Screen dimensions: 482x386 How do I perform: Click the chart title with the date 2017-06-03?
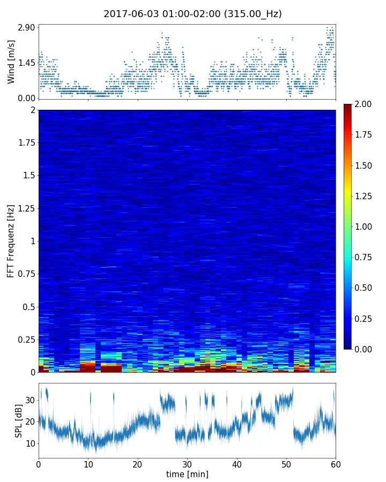click(x=192, y=14)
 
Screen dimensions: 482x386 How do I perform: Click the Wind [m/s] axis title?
click(x=11, y=61)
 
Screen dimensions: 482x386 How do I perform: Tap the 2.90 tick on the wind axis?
click(x=26, y=27)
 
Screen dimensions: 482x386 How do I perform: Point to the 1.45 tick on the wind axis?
click(x=26, y=63)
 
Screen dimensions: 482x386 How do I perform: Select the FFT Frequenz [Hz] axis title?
click(x=11, y=240)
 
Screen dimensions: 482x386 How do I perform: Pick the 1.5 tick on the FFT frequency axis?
click(x=28, y=176)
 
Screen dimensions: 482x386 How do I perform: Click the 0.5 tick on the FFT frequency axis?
click(x=28, y=307)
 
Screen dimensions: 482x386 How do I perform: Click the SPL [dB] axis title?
click(x=18, y=421)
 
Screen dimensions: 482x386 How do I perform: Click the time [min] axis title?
click(x=187, y=474)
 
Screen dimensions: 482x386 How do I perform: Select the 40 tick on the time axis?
click(x=237, y=464)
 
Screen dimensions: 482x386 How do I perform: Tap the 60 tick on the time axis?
click(x=336, y=464)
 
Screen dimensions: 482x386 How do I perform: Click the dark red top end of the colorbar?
click(x=348, y=106)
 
